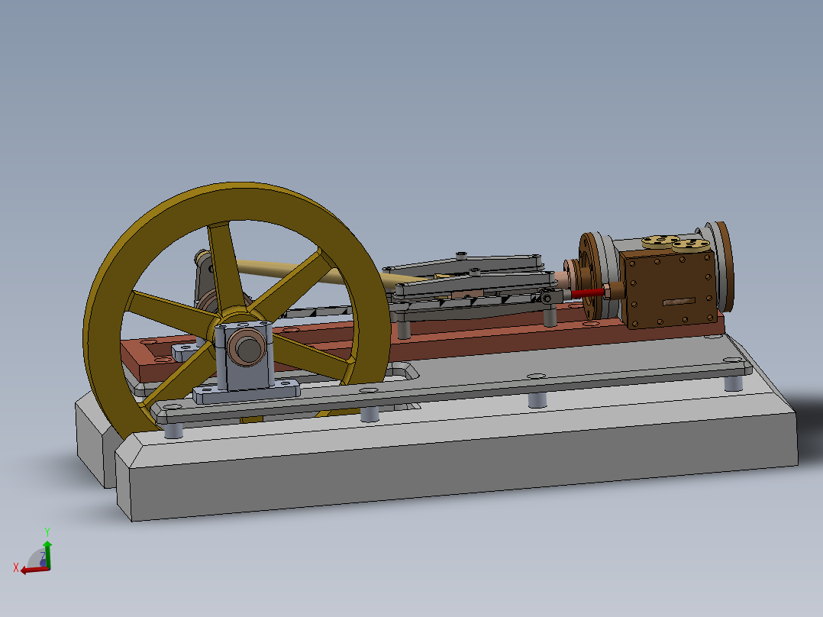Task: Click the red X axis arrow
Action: (31, 570)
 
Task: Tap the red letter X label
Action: (15, 567)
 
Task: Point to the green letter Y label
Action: (47, 531)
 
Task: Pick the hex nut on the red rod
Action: (609, 289)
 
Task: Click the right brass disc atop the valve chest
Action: (692, 245)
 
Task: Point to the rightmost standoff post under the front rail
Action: (733, 382)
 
